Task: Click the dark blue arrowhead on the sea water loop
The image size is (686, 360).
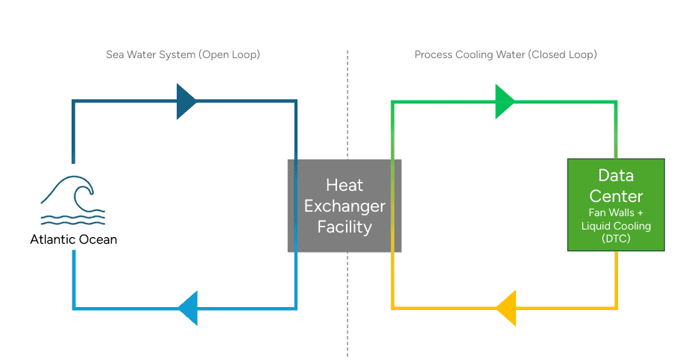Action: click(x=186, y=101)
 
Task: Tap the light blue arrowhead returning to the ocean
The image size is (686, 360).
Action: click(x=188, y=307)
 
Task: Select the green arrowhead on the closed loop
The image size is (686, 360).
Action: click(x=504, y=101)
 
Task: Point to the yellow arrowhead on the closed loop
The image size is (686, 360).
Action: click(x=506, y=307)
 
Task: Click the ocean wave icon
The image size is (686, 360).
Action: click(x=73, y=199)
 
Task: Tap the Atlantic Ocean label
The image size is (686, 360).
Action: click(x=74, y=240)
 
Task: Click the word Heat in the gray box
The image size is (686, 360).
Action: click(x=344, y=185)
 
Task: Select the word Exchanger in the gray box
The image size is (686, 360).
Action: click(x=344, y=206)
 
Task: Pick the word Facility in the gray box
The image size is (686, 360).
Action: click(x=344, y=227)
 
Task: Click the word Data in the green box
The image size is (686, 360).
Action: click(x=616, y=176)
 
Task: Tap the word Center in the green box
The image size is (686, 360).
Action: click(x=616, y=197)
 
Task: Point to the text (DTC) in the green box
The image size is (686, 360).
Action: click(x=616, y=239)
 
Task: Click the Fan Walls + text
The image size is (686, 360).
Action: click(x=616, y=213)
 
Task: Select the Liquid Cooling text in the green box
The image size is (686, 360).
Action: click(x=616, y=226)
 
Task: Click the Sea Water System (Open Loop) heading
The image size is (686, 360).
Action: click(x=183, y=55)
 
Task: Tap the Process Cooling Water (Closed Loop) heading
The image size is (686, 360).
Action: click(x=506, y=55)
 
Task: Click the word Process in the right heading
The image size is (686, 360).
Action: click(x=432, y=55)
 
